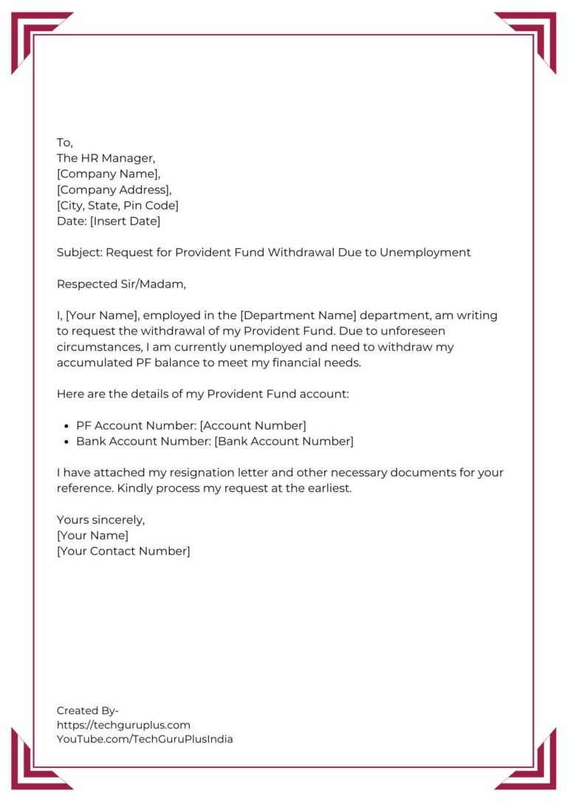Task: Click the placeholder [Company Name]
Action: (x=108, y=174)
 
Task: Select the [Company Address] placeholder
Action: (x=114, y=190)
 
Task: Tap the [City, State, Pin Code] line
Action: (x=117, y=205)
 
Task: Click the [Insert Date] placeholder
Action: (x=125, y=221)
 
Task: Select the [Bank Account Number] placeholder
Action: (x=284, y=442)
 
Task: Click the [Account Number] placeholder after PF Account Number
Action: (x=252, y=425)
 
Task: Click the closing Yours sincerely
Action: (x=100, y=520)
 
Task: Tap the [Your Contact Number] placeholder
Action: (x=123, y=551)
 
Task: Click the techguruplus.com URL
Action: (x=123, y=724)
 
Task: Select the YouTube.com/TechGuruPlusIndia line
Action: (x=145, y=739)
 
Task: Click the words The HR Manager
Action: (x=106, y=158)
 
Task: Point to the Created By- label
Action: (x=88, y=710)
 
